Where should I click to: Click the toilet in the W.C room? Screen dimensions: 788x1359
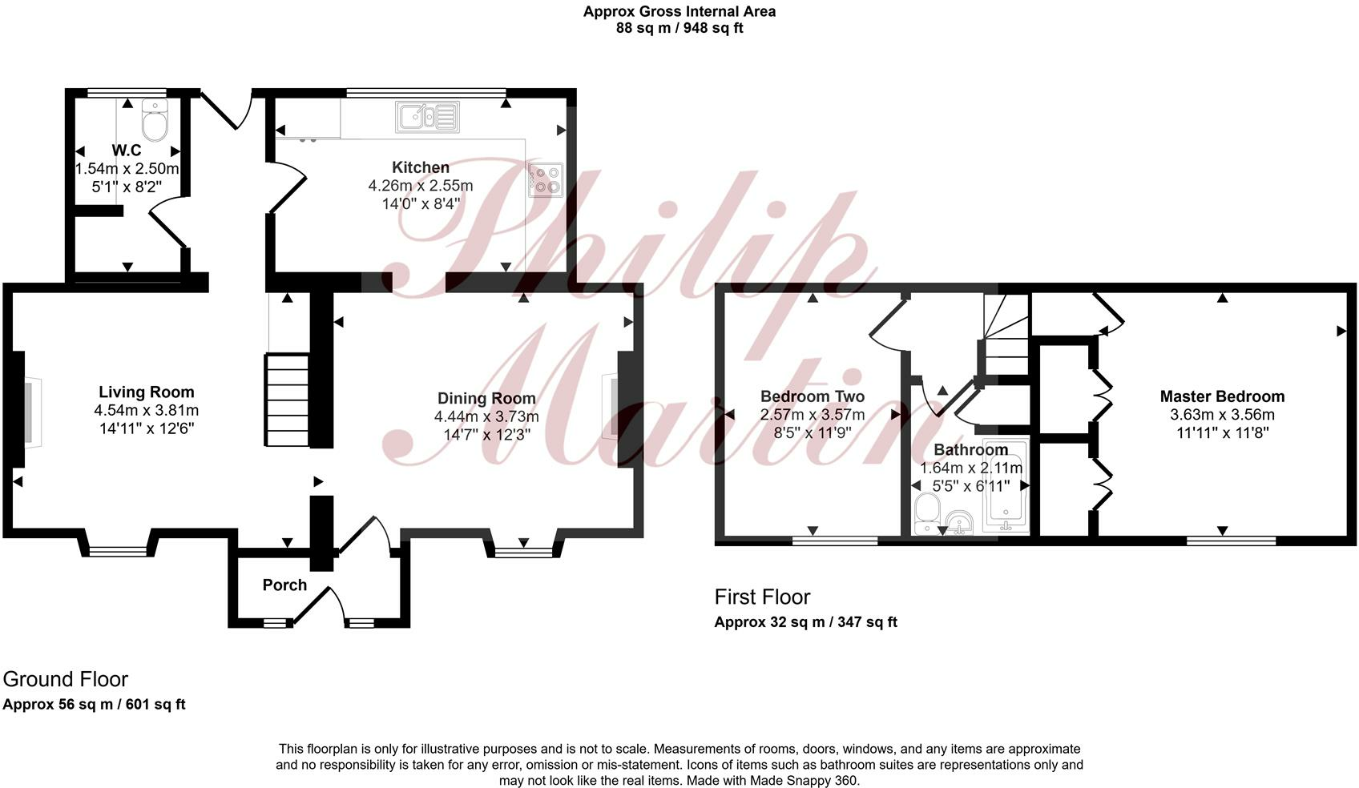pos(154,122)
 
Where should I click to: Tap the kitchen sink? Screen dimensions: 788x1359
pos(427,117)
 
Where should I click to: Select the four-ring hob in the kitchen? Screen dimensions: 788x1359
pos(546,179)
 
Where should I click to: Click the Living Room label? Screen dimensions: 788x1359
pos(146,392)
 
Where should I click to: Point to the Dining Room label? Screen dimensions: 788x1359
pos(486,398)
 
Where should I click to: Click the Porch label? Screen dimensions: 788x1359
pos(284,585)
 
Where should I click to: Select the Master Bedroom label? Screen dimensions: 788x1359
pos(1222,396)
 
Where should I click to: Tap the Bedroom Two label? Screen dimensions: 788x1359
pos(812,396)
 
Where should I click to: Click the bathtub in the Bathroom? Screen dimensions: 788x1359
pos(1005,488)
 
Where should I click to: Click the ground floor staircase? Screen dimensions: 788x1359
pos(287,400)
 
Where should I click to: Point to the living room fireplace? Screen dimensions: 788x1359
pos(26,412)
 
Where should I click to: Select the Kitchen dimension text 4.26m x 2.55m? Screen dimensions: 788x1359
pos(420,186)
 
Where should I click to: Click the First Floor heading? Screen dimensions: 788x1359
pos(762,597)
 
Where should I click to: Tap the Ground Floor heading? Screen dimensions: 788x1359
pos(66,679)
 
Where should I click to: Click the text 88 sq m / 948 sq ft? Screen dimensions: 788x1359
pos(679,28)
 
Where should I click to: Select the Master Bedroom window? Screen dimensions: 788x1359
pos(1230,541)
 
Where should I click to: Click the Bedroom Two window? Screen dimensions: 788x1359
pos(834,541)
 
